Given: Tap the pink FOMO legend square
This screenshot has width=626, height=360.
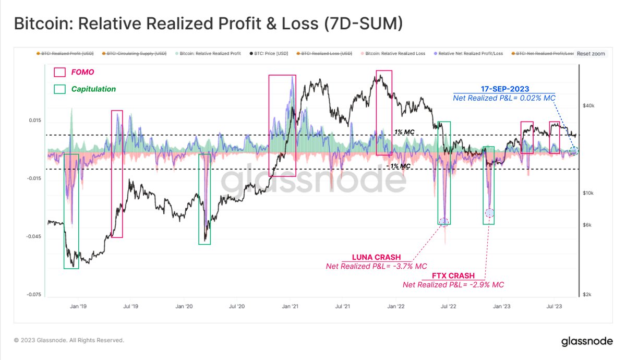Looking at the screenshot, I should click(60, 72).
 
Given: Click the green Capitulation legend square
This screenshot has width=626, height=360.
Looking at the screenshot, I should click(60, 89).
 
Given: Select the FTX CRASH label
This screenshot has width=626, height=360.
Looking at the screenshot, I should click(453, 275).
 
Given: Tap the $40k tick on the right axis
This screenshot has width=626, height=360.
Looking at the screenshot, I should click(589, 106).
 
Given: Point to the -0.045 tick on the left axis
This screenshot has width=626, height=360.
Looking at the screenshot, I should click(33, 236).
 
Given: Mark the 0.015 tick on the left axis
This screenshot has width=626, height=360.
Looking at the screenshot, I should click(34, 121).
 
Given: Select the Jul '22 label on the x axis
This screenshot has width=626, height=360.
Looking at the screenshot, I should click(448, 307).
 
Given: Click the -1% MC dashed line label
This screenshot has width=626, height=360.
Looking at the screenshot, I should click(398, 165).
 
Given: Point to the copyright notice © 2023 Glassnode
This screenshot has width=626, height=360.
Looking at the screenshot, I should click(69, 340).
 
